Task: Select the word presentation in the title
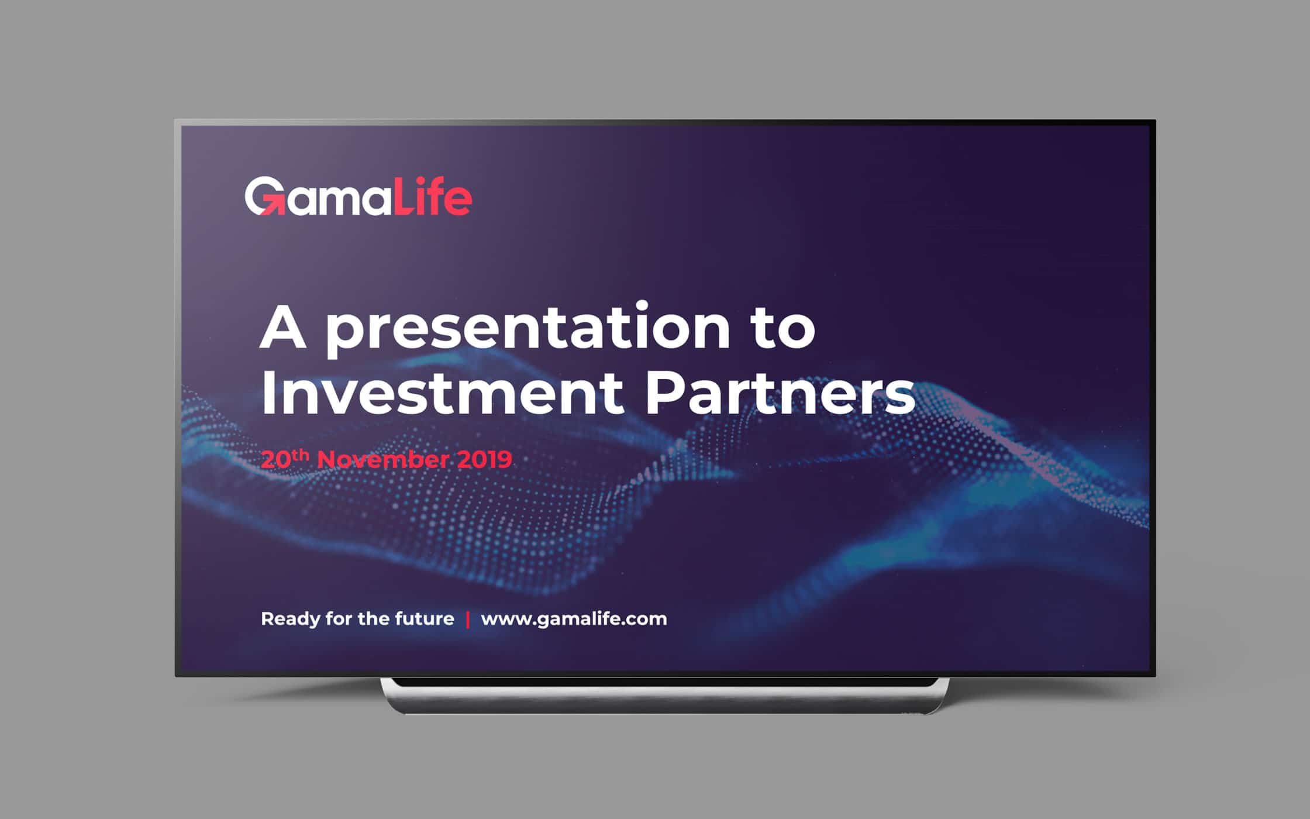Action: click(528, 329)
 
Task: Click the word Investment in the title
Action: click(442, 393)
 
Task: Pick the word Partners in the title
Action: click(780, 393)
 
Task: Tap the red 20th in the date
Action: click(285, 458)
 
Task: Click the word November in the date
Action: click(383, 459)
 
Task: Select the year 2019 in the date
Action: click(484, 459)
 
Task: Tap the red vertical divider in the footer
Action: click(468, 620)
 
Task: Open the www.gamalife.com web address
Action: click(574, 620)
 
